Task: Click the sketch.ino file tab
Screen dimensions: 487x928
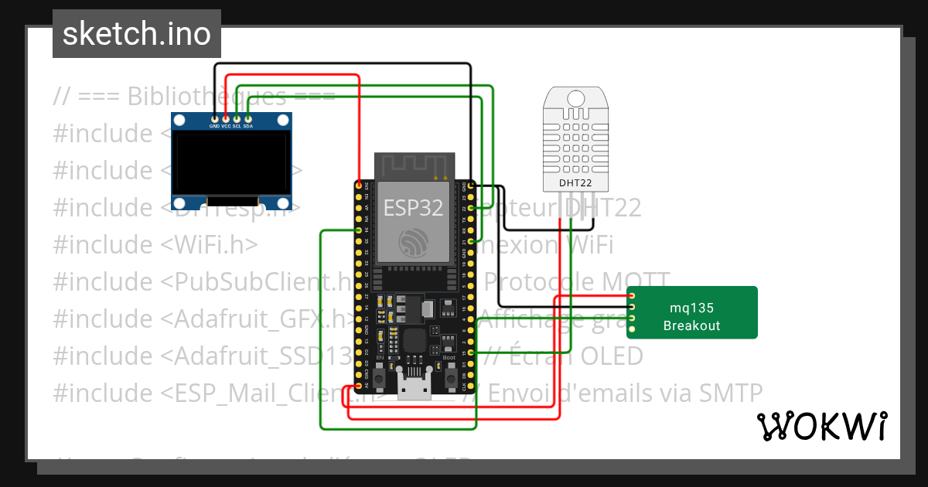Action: [x=136, y=34]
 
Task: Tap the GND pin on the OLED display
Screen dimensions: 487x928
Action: [x=214, y=119]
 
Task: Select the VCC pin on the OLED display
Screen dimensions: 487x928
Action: [x=226, y=119]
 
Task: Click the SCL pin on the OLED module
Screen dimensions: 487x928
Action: [x=237, y=119]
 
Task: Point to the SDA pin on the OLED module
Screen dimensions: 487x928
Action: [x=248, y=119]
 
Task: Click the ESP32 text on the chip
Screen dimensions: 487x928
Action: [x=413, y=207]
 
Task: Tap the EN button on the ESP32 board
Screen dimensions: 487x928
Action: [x=380, y=378]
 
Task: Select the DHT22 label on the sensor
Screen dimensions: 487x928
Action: [x=574, y=183]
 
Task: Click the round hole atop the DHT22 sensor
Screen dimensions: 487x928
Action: [x=575, y=98]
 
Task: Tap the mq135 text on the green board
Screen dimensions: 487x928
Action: [x=691, y=308]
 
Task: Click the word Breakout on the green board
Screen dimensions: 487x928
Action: [x=691, y=325]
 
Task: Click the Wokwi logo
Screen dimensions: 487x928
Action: [x=821, y=426]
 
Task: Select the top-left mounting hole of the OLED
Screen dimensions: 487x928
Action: [x=180, y=121]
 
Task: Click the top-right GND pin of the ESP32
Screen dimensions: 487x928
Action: [x=470, y=186]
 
